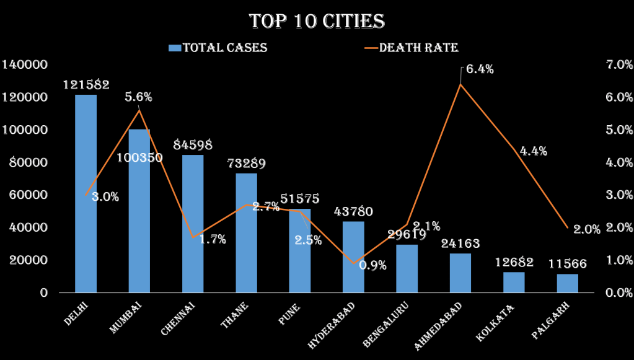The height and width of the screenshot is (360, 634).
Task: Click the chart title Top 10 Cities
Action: (317, 22)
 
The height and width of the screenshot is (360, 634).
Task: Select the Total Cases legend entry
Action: (219, 48)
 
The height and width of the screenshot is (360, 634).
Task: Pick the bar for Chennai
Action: (193, 223)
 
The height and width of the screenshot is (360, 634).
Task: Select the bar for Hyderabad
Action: (353, 257)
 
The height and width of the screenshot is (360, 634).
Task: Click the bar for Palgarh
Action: (567, 283)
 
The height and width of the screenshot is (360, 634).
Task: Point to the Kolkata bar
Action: (514, 282)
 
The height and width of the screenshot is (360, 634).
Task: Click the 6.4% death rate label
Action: (480, 69)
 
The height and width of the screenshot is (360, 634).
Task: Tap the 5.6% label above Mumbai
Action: (138, 97)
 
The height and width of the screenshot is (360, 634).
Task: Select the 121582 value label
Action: (86, 85)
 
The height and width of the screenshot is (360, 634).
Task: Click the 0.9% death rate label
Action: (372, 266)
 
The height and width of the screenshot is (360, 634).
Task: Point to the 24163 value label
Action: (460, 244)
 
